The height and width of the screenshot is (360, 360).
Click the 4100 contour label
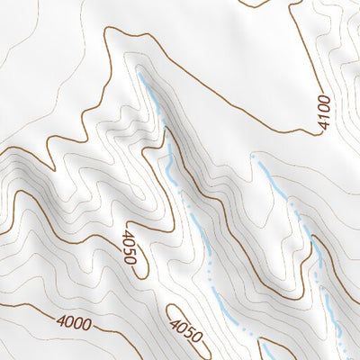click(x=325, y=112)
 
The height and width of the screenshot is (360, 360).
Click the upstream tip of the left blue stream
click(x=141, y=79)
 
